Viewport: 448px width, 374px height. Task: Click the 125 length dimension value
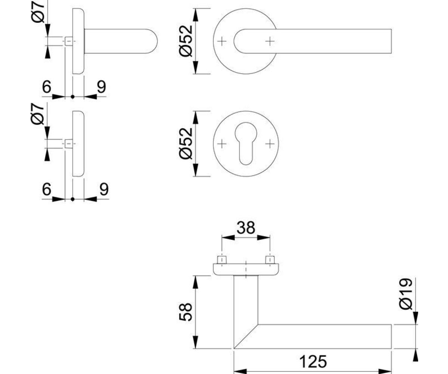[x=313, y=362]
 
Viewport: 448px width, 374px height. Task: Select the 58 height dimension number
[x=186, y=312]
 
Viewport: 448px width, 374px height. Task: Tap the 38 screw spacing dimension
[x=246, y=228]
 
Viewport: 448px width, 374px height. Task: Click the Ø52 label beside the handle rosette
[x=186, y=41]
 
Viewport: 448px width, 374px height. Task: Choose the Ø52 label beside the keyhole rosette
[x=186, y=144]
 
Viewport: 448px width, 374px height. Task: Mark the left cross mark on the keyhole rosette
[x=222, y=144]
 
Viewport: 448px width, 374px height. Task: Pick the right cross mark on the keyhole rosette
[x=270, y=144]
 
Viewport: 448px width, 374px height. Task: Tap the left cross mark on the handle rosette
[x=222, y=41]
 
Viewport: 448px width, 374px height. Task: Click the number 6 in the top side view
[x=47, y=87]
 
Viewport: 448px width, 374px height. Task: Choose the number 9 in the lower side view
[x=104, y=189]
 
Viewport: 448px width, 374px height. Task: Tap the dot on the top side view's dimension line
[x=73, y=97]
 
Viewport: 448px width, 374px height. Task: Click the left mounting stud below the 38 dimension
[x=222, y=260]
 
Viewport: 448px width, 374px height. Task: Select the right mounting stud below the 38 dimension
[x=270, y=260]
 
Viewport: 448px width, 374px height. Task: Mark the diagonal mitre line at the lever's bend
[x=246, y=336]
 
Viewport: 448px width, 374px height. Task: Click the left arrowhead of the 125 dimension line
[x=240, y=371]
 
